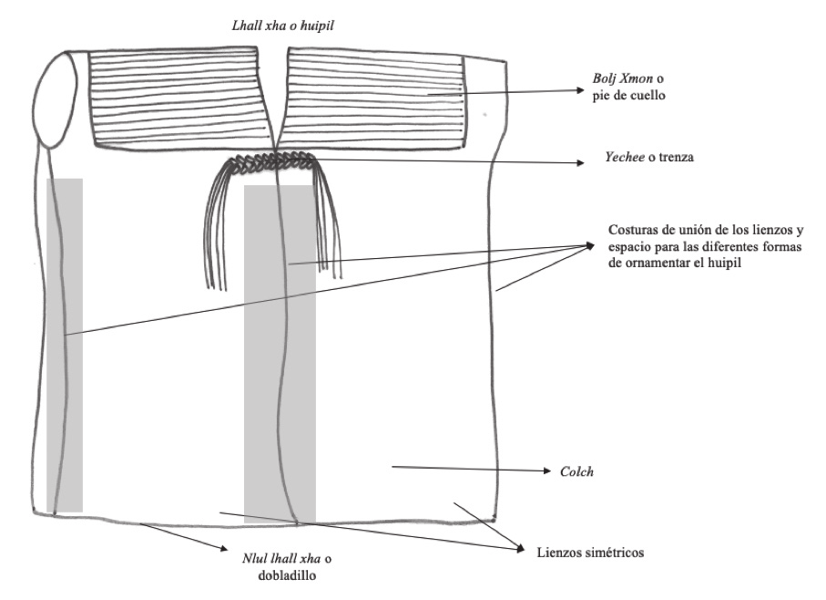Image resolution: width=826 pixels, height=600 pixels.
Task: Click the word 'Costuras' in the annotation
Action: click(x=627, y=228)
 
